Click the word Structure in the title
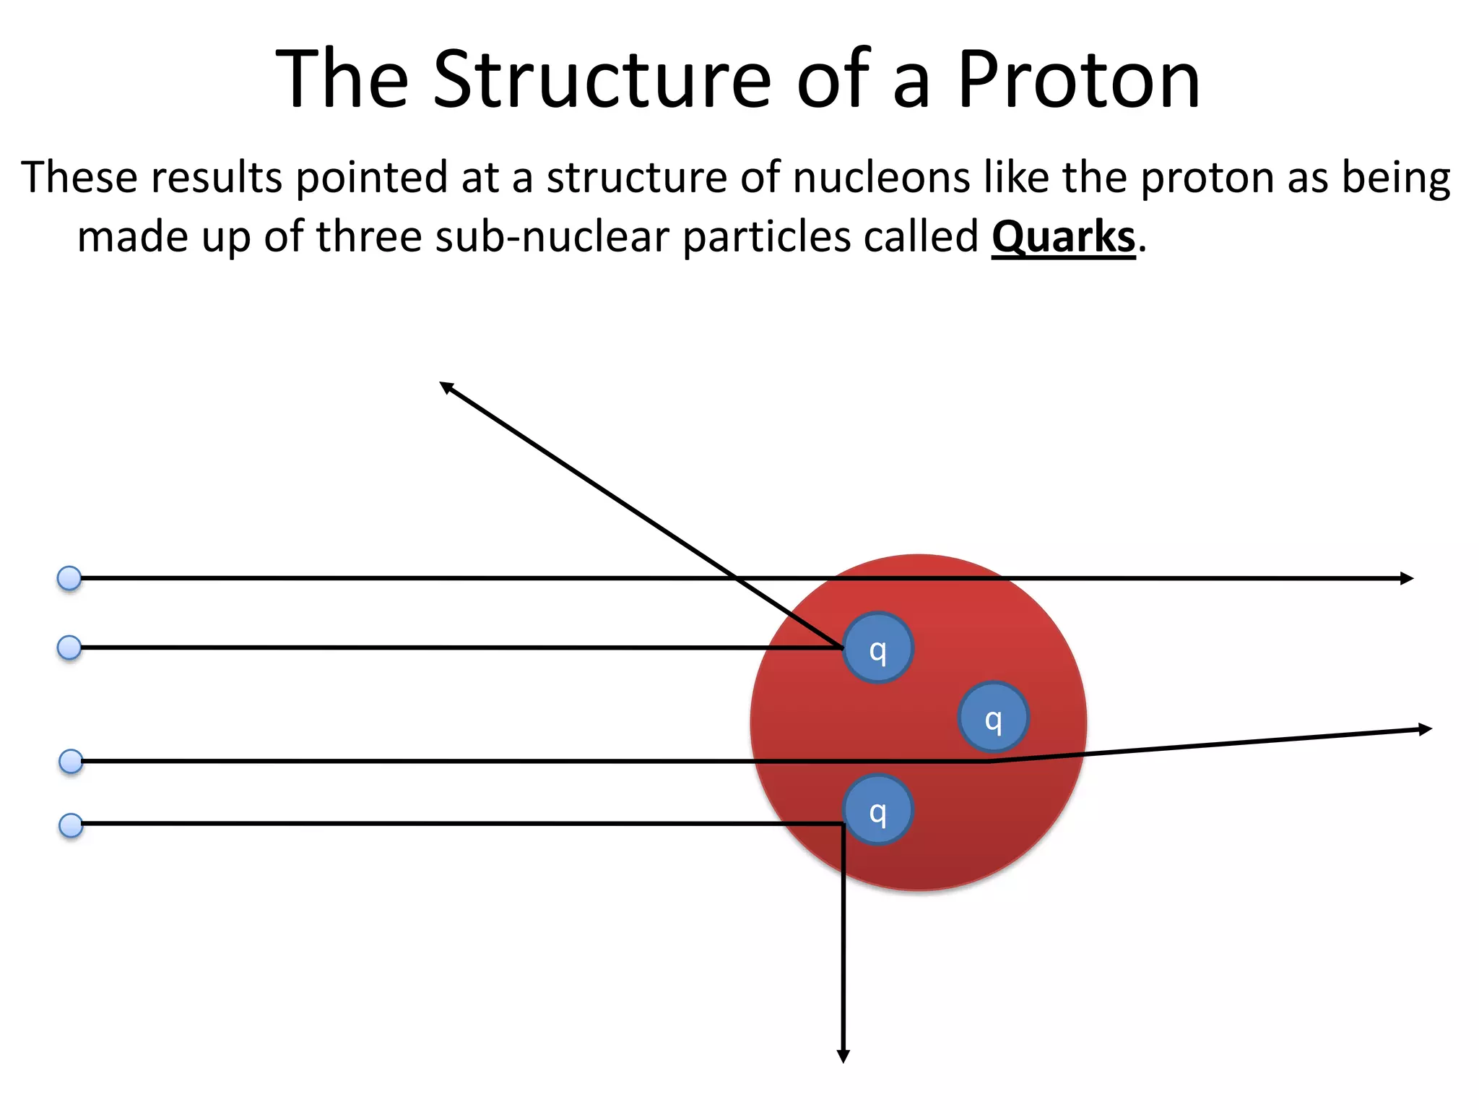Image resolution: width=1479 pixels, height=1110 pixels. (603, 79)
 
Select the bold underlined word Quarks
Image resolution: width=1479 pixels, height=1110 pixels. (1063, 237)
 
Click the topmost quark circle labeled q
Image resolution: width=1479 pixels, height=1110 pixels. (877, 648)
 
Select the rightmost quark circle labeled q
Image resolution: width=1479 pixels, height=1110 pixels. (993, 717)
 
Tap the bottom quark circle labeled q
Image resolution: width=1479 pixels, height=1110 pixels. (877, 810)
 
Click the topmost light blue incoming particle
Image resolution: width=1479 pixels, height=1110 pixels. (69, 578)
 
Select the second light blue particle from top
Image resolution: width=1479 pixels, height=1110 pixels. (69, 647)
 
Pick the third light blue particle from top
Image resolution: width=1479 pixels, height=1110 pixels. (71, 761)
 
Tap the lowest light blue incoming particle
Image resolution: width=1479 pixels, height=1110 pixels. (71, 825)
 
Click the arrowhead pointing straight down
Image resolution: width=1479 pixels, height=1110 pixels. (843, 1056)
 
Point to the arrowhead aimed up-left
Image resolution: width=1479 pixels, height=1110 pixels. (447, 387)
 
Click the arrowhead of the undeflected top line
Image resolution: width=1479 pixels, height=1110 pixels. (1406, 578)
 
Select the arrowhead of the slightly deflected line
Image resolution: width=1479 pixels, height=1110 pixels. (1425, 730)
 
